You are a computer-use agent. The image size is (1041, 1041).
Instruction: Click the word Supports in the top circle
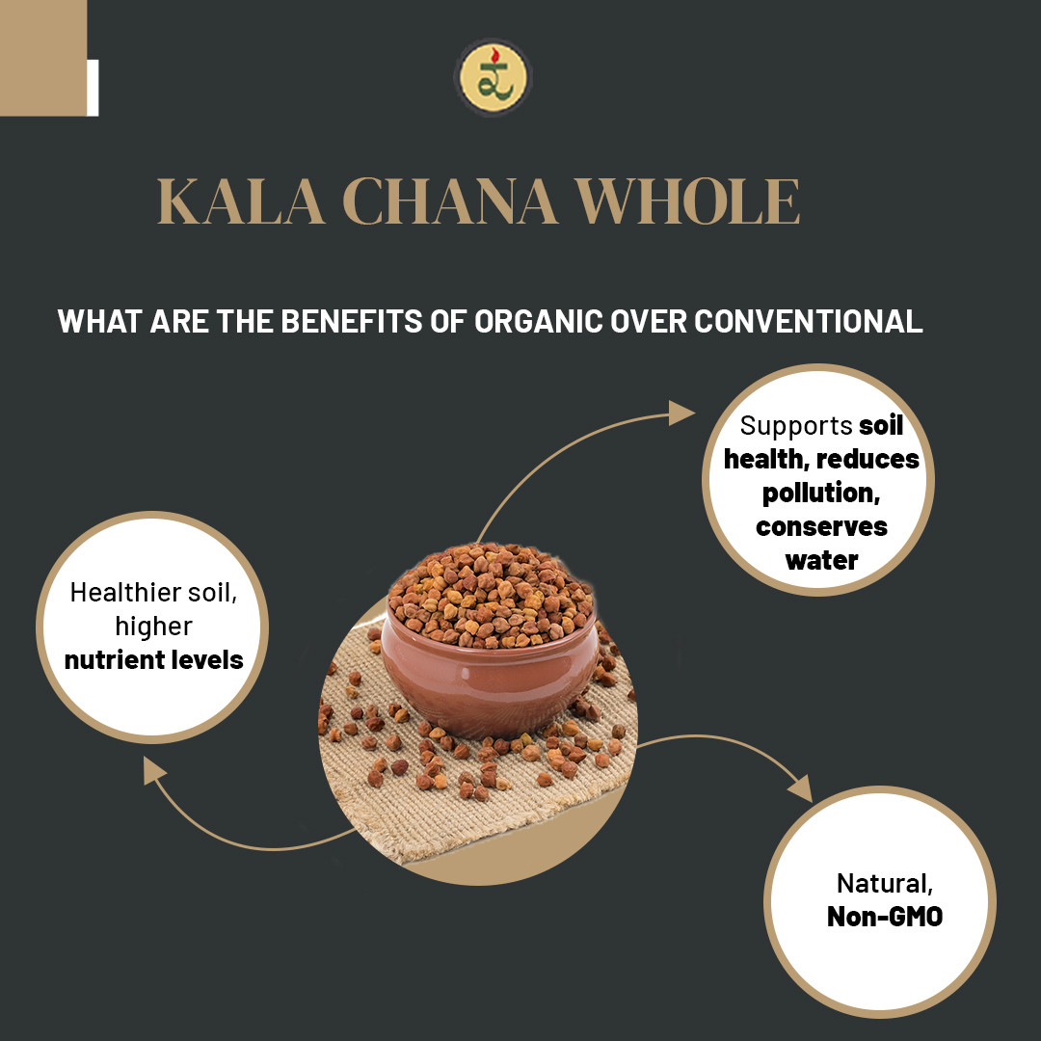[x=796, y=425]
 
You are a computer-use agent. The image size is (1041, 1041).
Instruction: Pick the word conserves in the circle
[x=821, y=526]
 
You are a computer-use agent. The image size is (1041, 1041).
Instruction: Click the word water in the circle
[x=821, y=560]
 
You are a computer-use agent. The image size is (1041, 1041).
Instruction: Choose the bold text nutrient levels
[x=153, y=660]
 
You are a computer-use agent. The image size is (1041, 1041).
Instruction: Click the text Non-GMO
[x=884, y=916]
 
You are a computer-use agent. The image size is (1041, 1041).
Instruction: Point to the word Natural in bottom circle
[x=884, y=882]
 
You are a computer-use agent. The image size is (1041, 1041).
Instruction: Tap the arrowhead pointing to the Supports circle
[x=683, y=414]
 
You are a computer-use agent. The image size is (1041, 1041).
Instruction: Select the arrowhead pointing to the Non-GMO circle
[x=799, y=787]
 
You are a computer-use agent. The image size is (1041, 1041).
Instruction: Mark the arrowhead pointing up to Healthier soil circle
[x=154, y=769]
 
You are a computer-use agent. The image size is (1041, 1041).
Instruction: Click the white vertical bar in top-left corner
[x=93, y=88]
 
